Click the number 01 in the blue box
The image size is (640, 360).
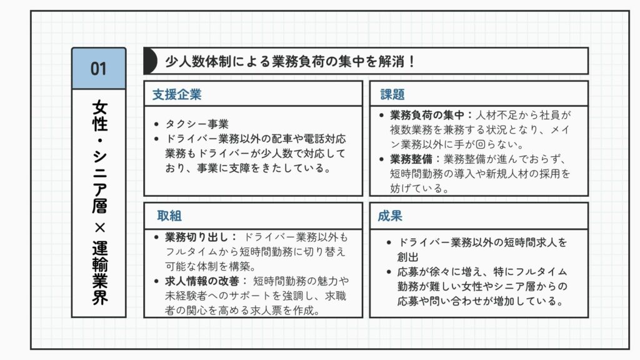coord(98,69)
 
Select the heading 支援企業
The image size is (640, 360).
coord(177,94)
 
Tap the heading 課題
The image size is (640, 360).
coord(392,94)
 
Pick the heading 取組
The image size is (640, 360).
coord(169,216)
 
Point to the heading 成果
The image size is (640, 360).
coord(390,216)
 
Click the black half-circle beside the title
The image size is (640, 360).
coord(151,61)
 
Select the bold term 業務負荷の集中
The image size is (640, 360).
coord(427,115)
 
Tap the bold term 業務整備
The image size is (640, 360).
coord(411,159)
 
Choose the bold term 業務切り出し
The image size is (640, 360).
coord(197,237)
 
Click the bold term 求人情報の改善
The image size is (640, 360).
coord(202,281)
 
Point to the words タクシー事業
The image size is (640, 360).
coord(197,124)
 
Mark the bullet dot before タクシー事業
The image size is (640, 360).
coord(156,124)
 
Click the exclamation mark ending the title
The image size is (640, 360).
coord(411,62)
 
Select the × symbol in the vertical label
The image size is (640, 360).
coord(99,227)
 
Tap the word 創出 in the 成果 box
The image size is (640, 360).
coord(407,257)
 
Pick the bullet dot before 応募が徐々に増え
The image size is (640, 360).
coord(389,272)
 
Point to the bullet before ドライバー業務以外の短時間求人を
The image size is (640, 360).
coord(389,242)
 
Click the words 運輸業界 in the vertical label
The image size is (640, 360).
coord(99,272)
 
